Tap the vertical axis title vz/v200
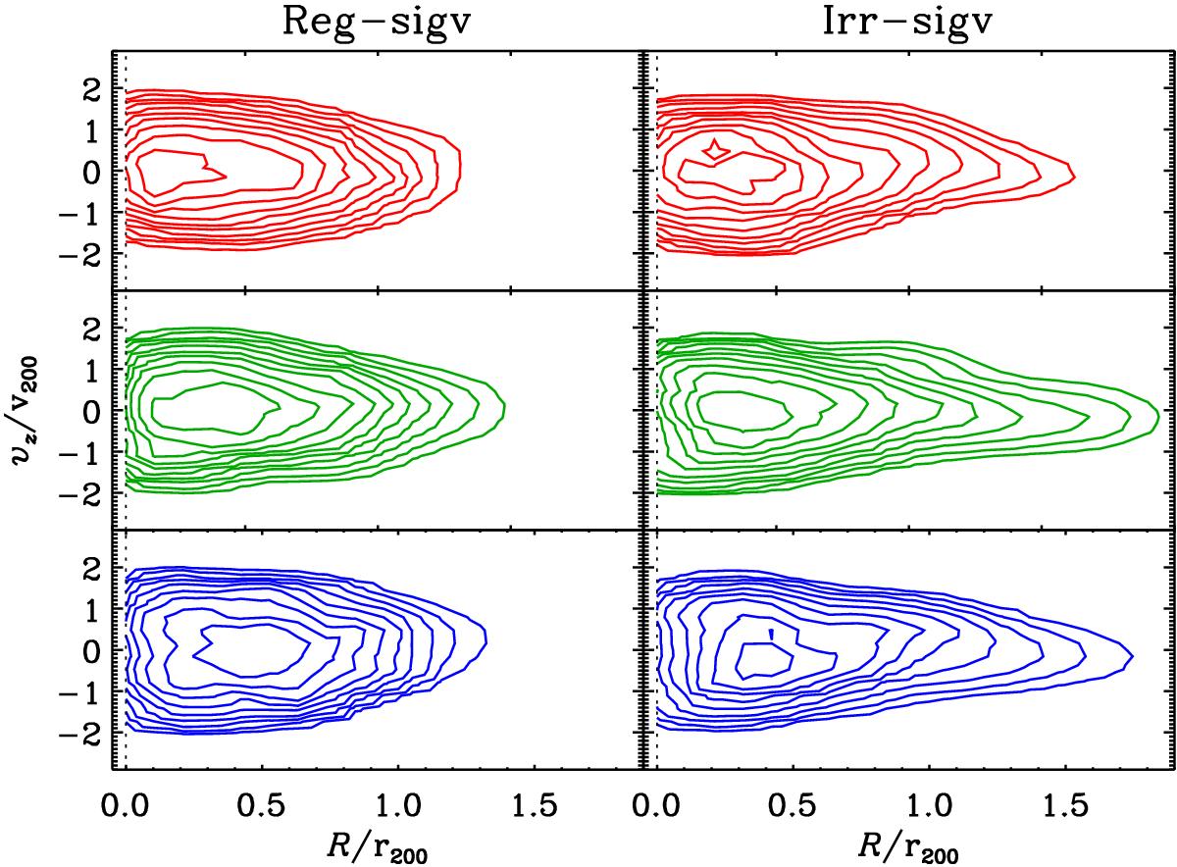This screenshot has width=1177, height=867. pyautogui.click(x=26, y=410)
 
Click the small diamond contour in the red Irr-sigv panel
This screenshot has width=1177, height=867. pyautogui.click(x=716, y=149)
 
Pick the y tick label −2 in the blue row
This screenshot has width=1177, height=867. pyautogui.click(x=86, y=733)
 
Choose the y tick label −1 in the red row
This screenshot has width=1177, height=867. pyautogui.click(x=86, y=209)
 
